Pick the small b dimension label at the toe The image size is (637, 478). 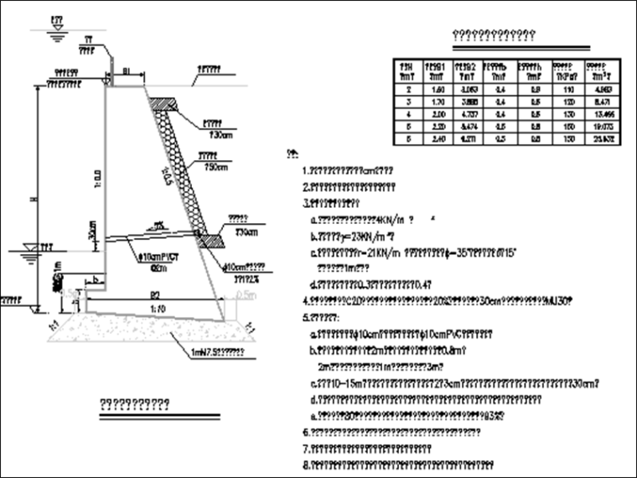click(x=96, y=278)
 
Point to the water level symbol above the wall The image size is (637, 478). click(x=56, y=33)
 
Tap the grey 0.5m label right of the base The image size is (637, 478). click(x=245, y=295)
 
